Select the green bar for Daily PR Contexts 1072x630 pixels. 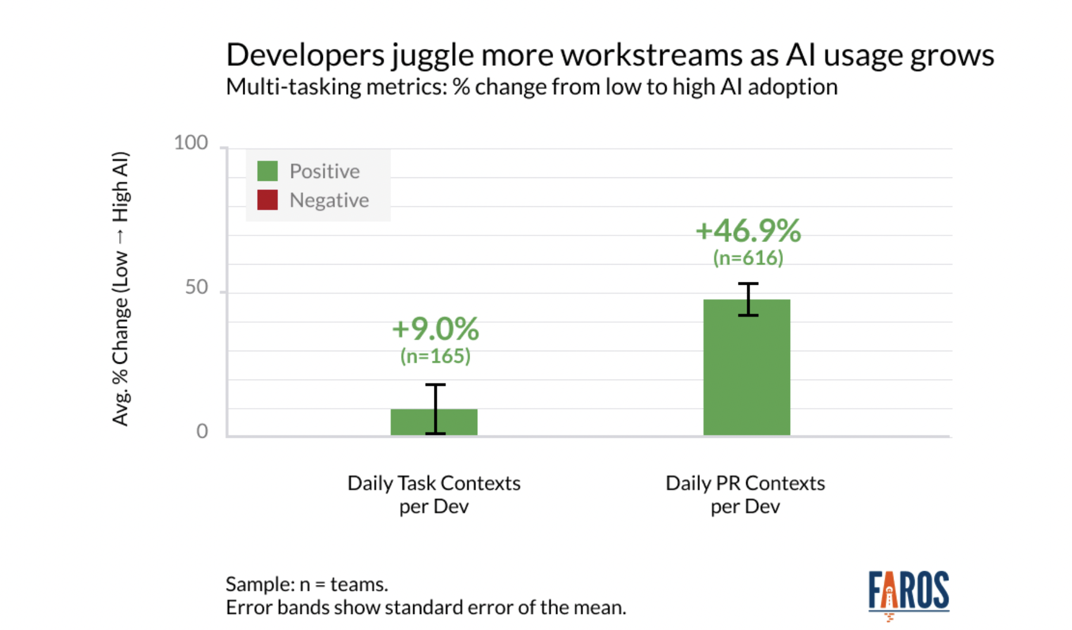tap(746, 368)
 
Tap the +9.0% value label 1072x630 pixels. tap(435, 329)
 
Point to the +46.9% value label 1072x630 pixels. tap(748, 231)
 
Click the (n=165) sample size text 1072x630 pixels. tap(435, 356)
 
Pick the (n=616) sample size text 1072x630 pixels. tap(748, 258)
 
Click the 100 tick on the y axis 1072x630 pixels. tap(191, 143)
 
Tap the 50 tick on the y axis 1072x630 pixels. tap(196, 288)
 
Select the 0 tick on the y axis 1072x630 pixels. tap(202, 431)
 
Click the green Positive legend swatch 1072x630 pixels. tap(267, 171)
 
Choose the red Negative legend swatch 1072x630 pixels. tap(267, 200)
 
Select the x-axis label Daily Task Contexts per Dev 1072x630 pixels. tap(434, 494)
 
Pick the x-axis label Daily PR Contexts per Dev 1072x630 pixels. tap(745, 494)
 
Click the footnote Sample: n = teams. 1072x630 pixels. tap(307, 584)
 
